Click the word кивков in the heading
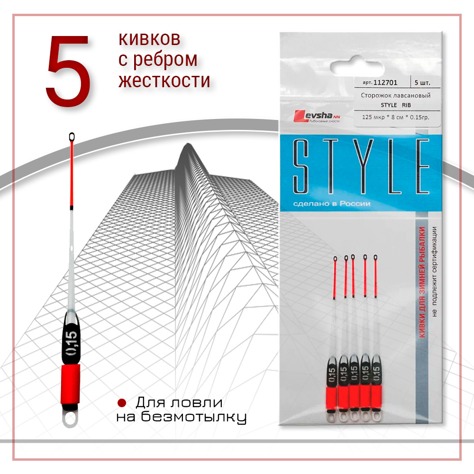coord(150,39)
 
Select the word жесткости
coord(164,81)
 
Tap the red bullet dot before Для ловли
coord(121,402)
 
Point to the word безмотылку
coord(194,418)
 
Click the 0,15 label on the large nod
coord(72,343)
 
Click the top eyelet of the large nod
coord(72,137)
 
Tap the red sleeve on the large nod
coord(71,384)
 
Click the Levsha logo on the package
coord(317,116)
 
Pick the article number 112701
coord(385,82)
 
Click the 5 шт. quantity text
coord(422,82)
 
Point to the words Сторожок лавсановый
coord(395,96)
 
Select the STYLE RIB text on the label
coord(396,105)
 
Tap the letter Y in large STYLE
coord(364,166)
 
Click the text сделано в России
coord(332,204)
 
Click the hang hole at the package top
coord(357,67)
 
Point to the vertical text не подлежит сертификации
coord(434,272)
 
